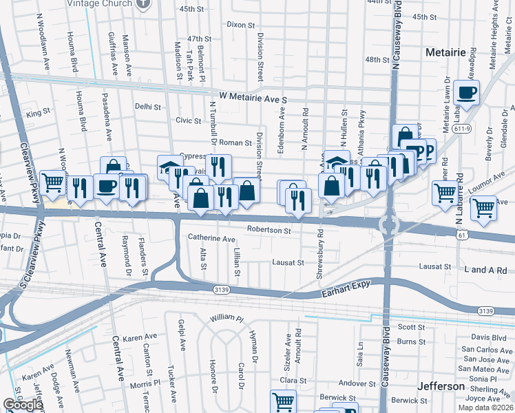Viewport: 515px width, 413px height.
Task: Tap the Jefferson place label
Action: point(440,386)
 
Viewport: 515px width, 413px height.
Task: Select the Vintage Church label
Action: point(101,3)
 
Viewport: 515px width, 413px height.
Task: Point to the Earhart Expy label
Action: point(346,294)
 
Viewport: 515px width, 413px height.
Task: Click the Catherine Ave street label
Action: point(211,239)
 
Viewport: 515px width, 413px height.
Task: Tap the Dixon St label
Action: point(240,25)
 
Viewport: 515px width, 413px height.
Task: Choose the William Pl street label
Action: point(227,318)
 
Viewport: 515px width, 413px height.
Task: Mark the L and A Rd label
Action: point(485,270)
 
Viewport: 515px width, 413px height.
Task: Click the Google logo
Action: point(23,405)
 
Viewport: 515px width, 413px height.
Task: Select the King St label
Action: point(39,111)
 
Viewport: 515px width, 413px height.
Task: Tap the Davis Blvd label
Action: point(489,337)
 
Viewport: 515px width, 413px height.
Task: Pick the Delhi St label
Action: point(147,107)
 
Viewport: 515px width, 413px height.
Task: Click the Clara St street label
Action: point(293,380)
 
